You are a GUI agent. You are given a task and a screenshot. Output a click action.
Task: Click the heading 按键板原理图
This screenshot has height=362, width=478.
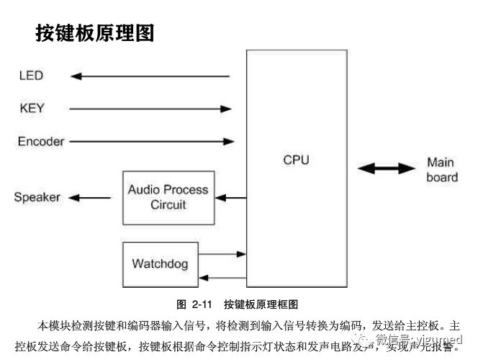click(94, 32)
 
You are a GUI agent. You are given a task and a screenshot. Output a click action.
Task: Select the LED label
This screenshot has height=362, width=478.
click(31, 76)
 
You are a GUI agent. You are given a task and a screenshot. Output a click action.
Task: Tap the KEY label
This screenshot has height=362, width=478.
click(32, 109)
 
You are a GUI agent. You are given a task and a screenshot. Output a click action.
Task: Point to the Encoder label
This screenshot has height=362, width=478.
click(41, 141)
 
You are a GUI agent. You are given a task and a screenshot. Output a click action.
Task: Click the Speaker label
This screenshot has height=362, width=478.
click(37, 197)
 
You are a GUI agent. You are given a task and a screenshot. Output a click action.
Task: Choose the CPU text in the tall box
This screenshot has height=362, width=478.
click(296, 160)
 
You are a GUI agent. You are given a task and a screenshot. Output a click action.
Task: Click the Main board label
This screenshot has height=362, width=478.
click(441, 170)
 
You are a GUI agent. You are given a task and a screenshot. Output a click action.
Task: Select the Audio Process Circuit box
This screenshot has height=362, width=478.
click(168, 197)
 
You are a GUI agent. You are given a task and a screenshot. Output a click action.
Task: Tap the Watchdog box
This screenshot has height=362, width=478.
click(159, 263)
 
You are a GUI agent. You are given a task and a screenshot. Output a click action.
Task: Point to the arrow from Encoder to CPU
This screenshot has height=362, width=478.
click(151, 141)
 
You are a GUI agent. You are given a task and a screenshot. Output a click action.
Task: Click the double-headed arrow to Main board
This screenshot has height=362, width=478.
click(387, 169)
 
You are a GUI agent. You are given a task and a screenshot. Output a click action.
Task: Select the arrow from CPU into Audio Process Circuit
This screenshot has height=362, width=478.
click(230, 197)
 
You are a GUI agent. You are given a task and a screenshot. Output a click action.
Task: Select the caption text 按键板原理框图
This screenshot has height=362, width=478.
click(261, 304)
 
